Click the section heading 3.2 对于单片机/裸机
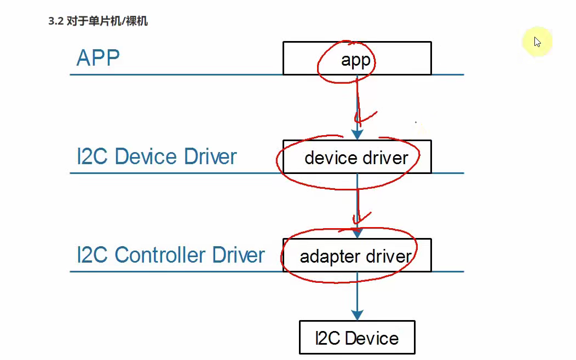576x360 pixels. tap(98, 22)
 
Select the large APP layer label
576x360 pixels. tap(98, 57)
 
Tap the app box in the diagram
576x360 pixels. tap(356, 59)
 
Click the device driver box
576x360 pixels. tap(356, 158)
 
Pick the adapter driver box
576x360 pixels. tap(356, 256)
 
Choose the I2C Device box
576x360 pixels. tap(357, 338)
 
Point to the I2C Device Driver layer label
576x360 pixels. tap(157, 156)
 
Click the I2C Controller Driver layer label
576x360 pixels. tap(171, 255)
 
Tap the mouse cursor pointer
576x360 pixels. tap(538, 42)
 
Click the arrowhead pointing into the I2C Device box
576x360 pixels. tap(357, 315)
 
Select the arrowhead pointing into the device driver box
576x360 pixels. tap(357, 135)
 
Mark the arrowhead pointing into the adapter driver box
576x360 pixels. tap(357, 233)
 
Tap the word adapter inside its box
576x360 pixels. tap(329, 256)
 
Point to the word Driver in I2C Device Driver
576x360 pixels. tap(210, 156)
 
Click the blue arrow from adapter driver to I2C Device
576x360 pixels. tap(357, 295)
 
